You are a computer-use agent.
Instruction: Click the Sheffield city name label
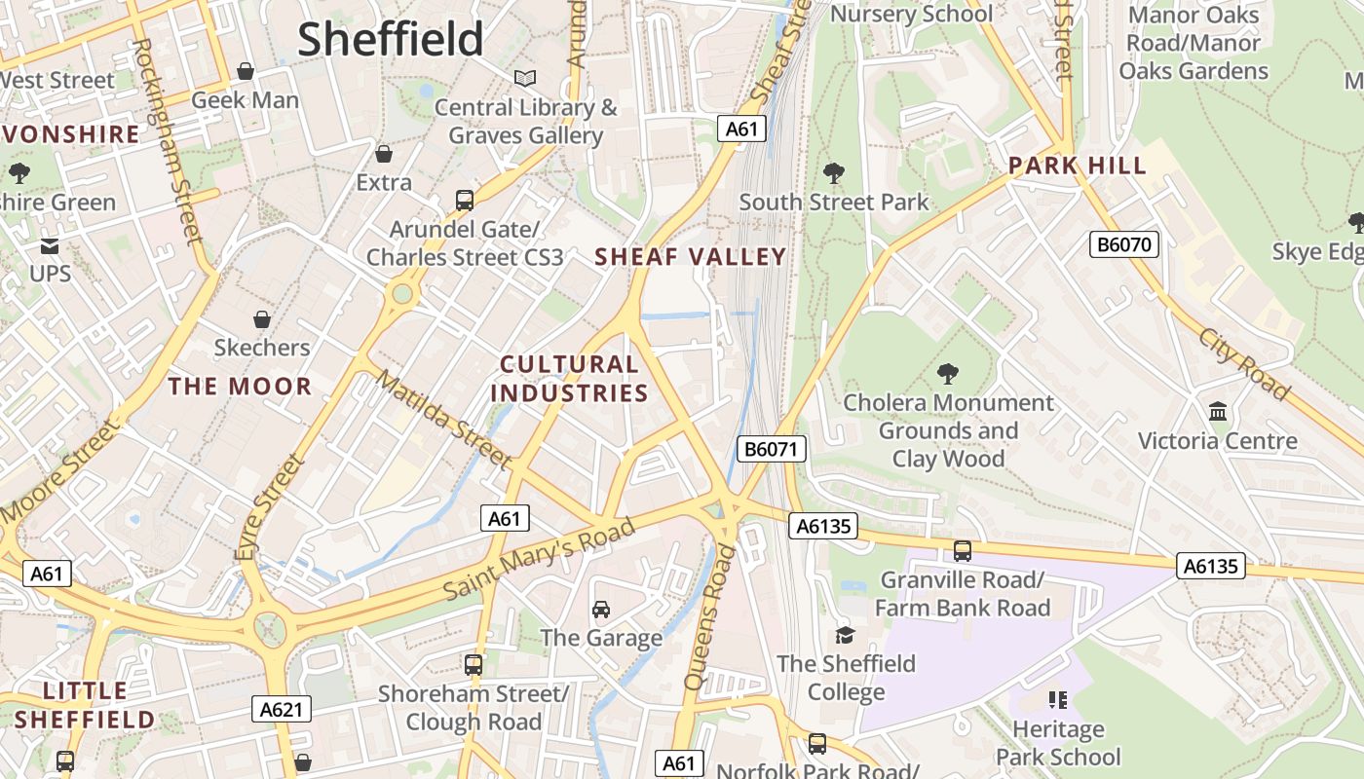click(390, 39)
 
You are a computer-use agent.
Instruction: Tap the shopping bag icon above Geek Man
click(246, 71)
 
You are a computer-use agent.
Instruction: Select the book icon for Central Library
click(525, 78)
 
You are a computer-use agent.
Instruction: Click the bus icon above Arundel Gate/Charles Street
click(465, 201)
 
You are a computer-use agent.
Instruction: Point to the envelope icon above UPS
click(50, 245)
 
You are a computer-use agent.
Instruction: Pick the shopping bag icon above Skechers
click(261, 319)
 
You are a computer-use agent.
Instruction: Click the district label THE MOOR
click(240, 387)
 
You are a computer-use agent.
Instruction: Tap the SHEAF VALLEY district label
click(690, 257)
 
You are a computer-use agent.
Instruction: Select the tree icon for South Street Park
click(833, 173)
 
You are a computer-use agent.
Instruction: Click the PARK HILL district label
click(1078, 166)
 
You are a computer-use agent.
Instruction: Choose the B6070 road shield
click(1124, 244)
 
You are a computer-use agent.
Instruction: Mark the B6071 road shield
click(771, 449)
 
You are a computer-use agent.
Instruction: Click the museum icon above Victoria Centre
click(1218, 412)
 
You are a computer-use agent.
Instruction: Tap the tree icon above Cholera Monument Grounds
click(947, 374)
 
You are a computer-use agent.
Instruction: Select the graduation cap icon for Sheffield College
click(845, 635)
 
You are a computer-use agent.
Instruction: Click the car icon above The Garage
click(601, 610)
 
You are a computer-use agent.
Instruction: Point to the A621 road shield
click(282, 709)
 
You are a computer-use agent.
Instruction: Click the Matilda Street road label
click(443, 419)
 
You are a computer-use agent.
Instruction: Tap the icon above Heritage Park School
click(1058, 699)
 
